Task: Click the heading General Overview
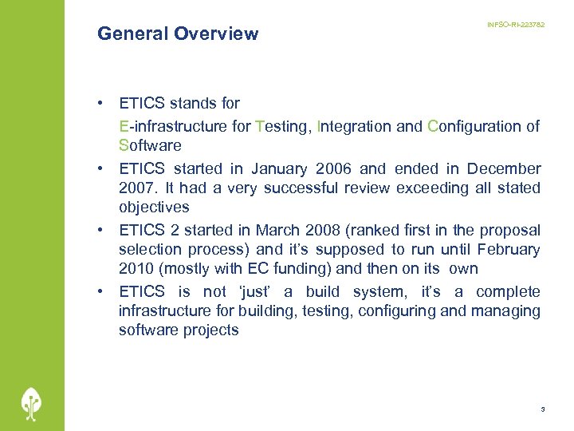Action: point(178,34)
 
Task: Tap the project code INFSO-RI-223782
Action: point(516,26)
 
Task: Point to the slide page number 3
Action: point(542,409)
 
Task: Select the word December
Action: point(504,168)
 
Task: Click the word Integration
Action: point(353,126)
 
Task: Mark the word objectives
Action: point(154,208)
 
